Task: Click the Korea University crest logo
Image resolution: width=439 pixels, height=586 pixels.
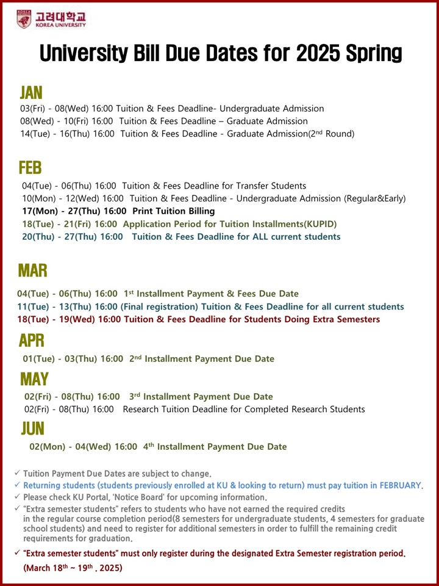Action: point(24,19)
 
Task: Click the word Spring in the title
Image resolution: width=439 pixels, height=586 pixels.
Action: point(372,54)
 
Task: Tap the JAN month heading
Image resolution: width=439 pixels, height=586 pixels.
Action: point(31,92)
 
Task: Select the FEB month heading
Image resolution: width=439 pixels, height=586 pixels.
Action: point(30,167)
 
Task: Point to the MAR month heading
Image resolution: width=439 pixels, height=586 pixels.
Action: point(32,270)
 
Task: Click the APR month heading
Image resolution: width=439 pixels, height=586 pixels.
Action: point(32,340)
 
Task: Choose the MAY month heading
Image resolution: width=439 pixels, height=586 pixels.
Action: point(34,379)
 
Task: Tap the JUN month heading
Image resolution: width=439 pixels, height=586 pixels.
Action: point(33,428)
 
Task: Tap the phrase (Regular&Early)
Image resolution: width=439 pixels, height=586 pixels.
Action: point(375,198)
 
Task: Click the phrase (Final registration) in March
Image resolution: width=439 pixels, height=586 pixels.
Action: point(159,306)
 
